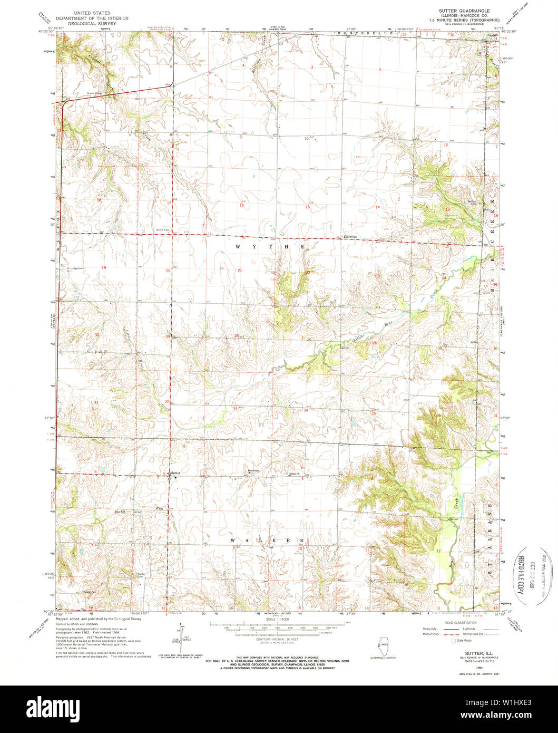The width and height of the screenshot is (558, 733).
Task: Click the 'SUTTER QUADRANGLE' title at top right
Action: (464, 11)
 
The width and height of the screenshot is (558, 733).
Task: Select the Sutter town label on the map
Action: (175, 473)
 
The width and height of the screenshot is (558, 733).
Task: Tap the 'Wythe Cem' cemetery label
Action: (163, 230)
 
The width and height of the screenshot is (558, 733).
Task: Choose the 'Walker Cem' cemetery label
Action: (141, 574)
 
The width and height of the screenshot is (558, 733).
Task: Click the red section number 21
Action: (239, 271)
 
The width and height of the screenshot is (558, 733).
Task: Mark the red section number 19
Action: (104, 268)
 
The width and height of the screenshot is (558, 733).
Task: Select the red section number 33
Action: (234, 407)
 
